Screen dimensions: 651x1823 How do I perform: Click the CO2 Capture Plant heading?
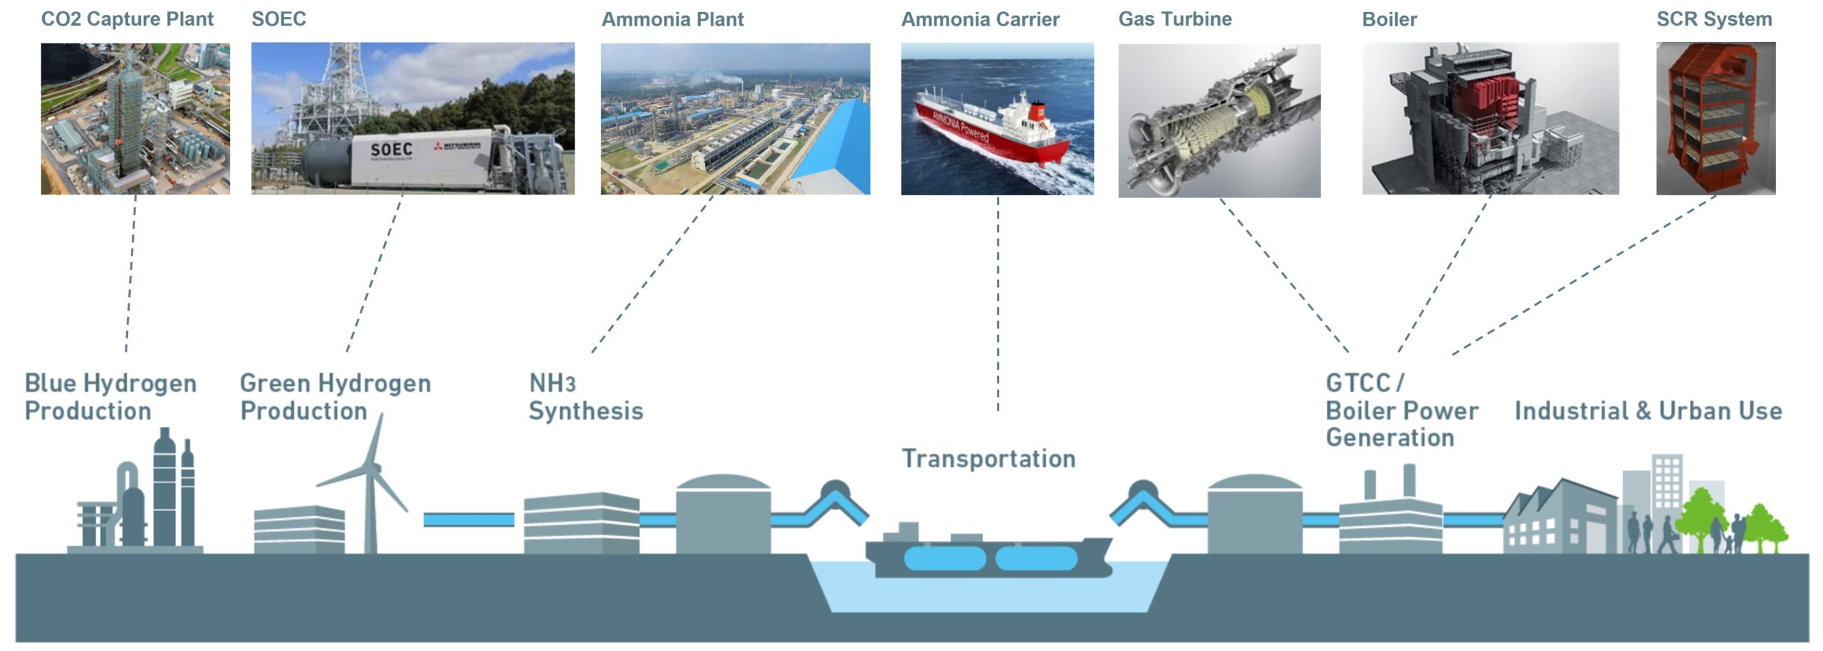(127, 19)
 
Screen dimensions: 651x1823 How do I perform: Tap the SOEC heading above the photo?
(278, 19)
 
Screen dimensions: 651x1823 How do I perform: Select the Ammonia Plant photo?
(735, 119)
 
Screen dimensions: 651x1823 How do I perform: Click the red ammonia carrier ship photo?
(997, 119)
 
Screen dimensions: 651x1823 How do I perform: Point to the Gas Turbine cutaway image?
(1219, 120)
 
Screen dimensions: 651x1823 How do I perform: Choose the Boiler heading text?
(1389, 19)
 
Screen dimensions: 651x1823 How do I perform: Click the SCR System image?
(1715, 118)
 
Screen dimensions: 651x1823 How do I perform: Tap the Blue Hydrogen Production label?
(110, 397)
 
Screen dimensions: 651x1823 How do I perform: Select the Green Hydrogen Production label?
(335, 397)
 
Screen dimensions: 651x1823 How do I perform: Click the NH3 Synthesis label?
(585, 397)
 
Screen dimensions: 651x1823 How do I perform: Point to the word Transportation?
(988, 459)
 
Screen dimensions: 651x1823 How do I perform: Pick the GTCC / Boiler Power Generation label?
(1401, 410)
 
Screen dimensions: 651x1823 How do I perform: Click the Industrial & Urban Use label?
(1648, 411)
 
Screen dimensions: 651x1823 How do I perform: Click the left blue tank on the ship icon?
(944, 558)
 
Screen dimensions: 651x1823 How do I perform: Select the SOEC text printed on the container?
(391, 150)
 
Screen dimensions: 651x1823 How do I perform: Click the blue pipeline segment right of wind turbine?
(469, 520)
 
